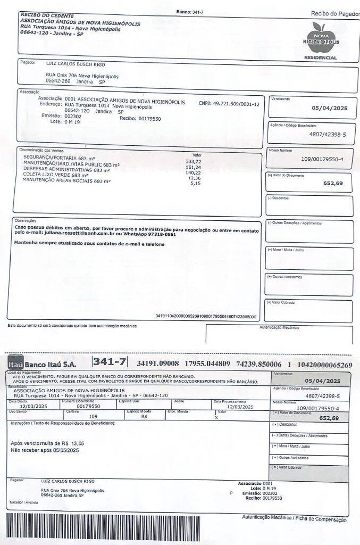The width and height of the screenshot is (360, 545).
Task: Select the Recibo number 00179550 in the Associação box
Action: tap(149, 119)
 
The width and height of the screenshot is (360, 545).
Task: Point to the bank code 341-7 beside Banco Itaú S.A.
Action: tap(110, 362)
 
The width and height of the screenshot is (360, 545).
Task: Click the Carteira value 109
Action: tap(93, 417)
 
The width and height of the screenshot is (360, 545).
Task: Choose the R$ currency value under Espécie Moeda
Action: tap(144, 417)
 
